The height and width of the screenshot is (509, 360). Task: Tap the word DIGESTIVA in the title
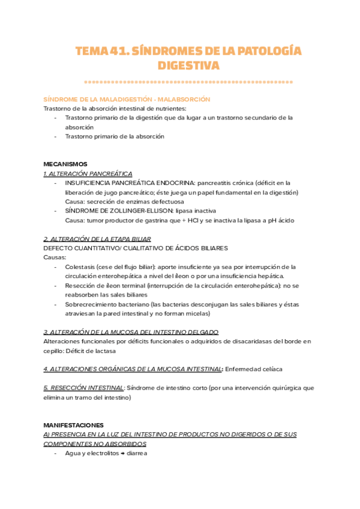coord(188,65)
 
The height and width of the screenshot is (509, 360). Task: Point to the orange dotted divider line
coord(188,81)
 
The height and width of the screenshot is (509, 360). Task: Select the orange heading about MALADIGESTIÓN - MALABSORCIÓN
coord(127,99)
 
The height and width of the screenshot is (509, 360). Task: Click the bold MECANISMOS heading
coord(65,164)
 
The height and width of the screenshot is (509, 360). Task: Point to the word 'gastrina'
coord(171,220)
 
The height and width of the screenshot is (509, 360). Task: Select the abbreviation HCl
coord(208,220)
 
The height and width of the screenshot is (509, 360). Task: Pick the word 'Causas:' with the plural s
coord(55,257)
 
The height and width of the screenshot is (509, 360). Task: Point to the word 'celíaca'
coord(270,369)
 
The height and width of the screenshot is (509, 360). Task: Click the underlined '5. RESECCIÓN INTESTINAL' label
coord(84,388)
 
